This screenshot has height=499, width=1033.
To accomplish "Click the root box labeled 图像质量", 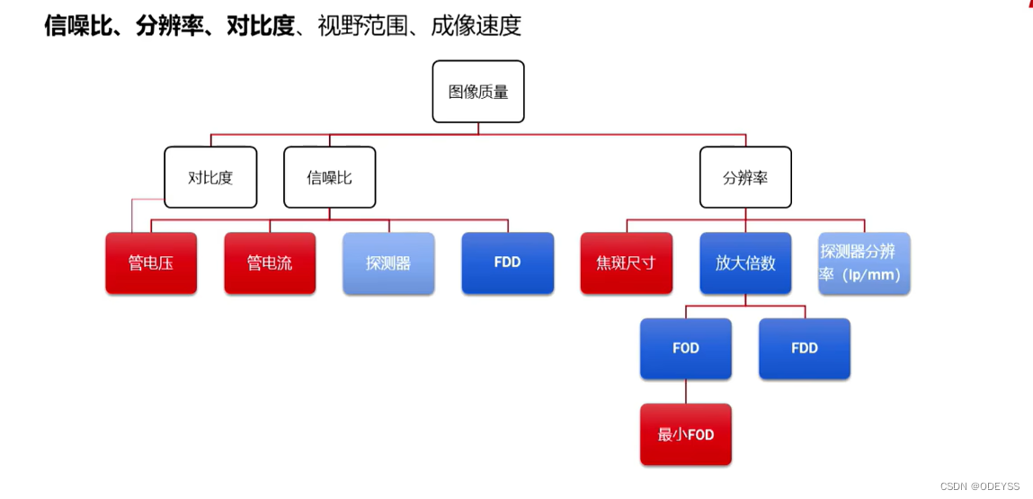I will click(x=477, y=92).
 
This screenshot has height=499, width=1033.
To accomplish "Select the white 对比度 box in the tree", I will click(x=210, y=177).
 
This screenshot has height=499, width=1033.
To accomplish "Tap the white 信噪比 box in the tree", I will click(x=329, y=177).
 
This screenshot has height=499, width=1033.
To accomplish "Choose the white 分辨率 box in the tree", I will click(x=745, y=177).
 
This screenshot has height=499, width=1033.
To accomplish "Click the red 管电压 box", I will click(x=151, y=263).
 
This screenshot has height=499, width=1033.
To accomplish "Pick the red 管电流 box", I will click(x=270, y=263).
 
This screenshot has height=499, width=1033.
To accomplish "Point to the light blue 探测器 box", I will click(x=388, y=263).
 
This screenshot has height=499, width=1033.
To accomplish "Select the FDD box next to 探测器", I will click(x=507, y=263).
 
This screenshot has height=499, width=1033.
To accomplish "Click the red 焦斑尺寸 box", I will click(x=626, y=263).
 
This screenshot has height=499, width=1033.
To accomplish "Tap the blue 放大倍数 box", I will click(x=745, y=263).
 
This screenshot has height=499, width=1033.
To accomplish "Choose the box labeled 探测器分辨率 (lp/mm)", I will click(x=864, y=263).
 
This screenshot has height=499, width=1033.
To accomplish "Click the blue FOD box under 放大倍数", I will click(x=685, y=348).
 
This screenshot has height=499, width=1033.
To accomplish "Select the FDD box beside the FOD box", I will click(x=804, y=348).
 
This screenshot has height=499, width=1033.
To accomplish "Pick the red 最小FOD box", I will click(x=685, y=434).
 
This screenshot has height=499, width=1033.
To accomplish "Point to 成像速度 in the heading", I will click(x=476, y=26).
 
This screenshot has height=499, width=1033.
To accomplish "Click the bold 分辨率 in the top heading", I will click(x=169, y=26).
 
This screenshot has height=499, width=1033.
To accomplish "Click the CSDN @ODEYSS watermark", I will click(x=979, y=486).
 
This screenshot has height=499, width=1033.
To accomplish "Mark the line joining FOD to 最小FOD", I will click(x=686, y=391).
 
